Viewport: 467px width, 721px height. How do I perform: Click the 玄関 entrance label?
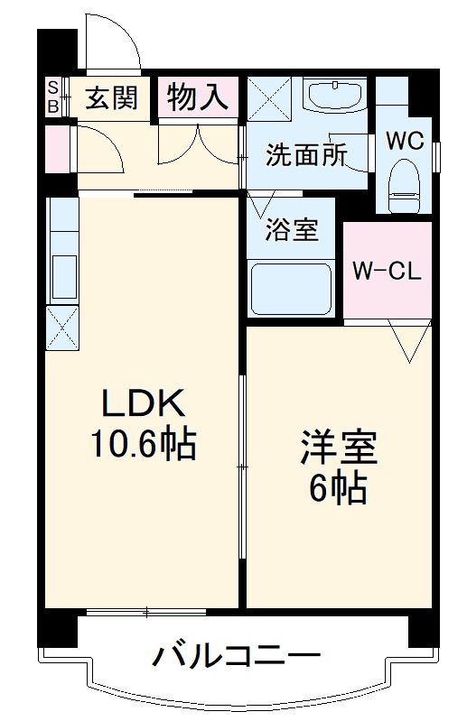(111, 98)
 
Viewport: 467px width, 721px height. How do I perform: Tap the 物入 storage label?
(197, 97)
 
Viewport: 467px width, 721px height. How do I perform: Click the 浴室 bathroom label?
(291, 230)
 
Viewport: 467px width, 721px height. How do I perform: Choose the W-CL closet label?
(387, 271)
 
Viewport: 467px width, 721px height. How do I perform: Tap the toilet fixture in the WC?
(402, 184)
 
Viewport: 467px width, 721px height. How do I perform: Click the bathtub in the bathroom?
(292, 290)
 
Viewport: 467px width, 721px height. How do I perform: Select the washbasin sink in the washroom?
(333, 94)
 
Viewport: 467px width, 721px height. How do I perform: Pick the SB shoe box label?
(53, 97)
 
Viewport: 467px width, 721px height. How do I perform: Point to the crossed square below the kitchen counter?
(62, 328)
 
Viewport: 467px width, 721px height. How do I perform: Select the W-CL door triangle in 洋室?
(409, 340)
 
